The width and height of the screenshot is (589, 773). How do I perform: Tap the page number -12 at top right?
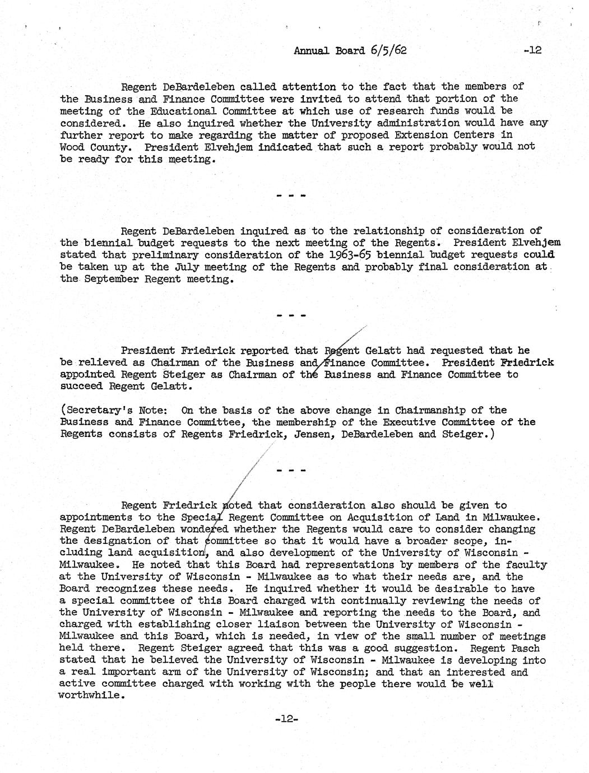531,50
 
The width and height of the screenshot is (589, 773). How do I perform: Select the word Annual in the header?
311,50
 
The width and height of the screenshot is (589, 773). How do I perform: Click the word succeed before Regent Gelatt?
81,386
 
